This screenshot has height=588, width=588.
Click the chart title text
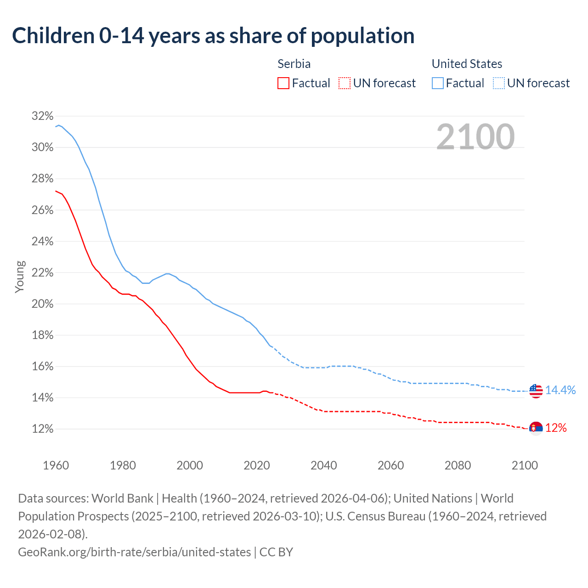[x=213, y=36]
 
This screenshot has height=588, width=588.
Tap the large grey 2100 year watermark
[x=475, y=137]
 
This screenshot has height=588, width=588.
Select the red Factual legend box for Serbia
[x=283, y=83]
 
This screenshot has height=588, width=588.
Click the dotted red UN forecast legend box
[x=345, y=83]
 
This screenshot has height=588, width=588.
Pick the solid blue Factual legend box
[x=438, y=83]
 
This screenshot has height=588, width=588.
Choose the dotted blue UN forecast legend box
[x=498, y=83]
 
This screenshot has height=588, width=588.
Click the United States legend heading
[x=467, y=64]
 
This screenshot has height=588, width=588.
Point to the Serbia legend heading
[x=294, y=64]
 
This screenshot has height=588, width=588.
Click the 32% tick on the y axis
[x=43, y=116]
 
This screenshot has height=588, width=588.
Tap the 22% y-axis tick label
[x=43, y=273]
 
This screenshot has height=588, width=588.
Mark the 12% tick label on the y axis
[x=43, y=429]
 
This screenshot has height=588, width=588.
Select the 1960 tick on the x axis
[x=56, y=465]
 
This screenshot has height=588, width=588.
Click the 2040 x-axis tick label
[x=324, y=465]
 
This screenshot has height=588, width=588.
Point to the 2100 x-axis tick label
[x=525, y=465]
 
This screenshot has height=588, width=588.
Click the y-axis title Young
[x=20, y=277]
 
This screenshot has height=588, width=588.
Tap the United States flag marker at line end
[x=536, y=391]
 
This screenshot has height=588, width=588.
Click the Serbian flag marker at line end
[x=536, y=429]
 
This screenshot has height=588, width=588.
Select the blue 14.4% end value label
[x=560, y=390]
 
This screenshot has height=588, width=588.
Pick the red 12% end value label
[x=556, y=428]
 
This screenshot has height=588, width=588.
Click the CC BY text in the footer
[x=276, y=552]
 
